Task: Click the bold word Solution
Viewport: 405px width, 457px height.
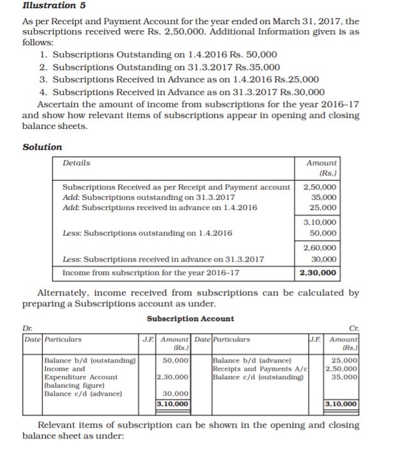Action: [x=42, y=147]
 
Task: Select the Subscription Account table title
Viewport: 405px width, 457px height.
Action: [x=190, y=318]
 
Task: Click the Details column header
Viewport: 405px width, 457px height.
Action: [x=77, y=163]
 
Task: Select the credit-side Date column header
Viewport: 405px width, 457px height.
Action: [x=202, y=340]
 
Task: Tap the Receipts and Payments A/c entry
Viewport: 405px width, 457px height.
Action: [x=260, y=369]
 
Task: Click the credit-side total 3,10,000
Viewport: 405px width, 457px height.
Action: [x=342, y=404]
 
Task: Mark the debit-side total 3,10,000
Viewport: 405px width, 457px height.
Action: [x=173, y=404]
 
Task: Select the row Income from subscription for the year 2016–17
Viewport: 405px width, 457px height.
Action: [x=151, y=273]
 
